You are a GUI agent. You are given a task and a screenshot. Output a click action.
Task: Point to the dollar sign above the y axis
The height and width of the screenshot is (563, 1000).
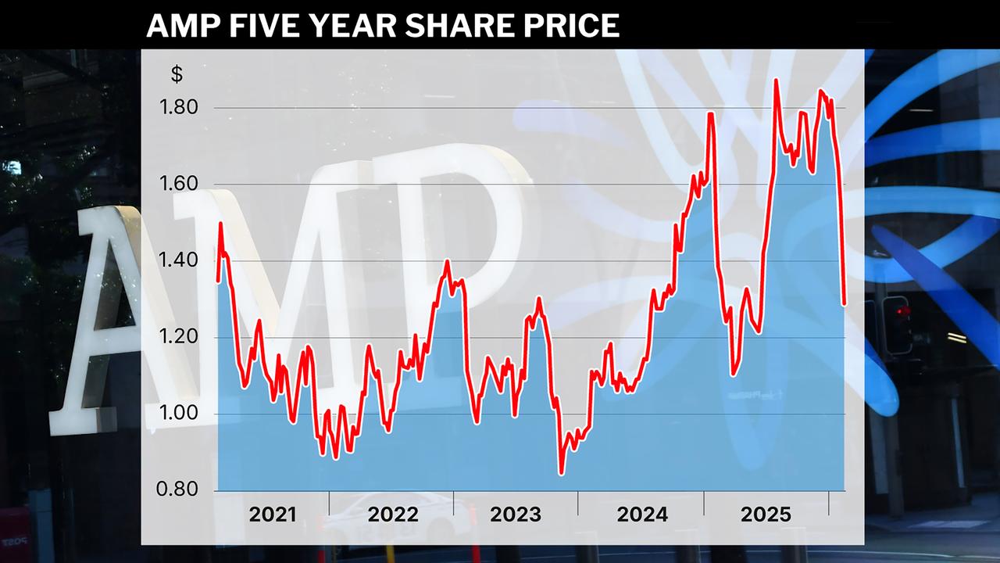coord(177,75)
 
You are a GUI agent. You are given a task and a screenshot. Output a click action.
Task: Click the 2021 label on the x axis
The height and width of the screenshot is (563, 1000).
coord(273,515)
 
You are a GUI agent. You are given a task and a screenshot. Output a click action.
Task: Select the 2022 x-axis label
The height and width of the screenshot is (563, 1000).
coord(393,515)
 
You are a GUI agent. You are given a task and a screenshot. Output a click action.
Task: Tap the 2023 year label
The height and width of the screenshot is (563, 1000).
coord(515,515)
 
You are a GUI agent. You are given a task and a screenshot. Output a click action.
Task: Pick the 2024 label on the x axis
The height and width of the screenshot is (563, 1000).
coord(642,515)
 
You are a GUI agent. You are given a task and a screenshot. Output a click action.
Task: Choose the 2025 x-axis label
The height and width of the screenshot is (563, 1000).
coord(766,515)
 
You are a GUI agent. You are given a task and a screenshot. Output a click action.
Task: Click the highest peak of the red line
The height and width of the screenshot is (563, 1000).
coord(775,80)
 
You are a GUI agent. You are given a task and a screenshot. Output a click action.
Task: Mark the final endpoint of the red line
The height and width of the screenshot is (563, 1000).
coord(845,304)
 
